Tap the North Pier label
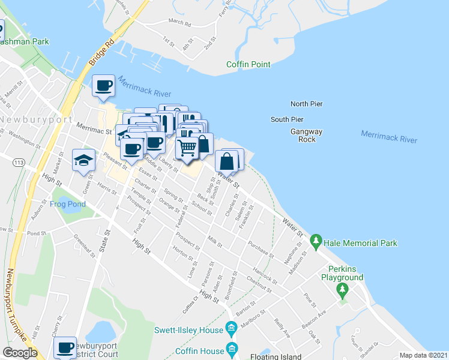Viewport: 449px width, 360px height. [x=306, y=104]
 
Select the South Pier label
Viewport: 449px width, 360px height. [x=287, y=119]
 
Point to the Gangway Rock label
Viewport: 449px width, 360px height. [x=307, y=136]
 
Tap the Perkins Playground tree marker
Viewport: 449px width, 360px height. [x=342, y=290]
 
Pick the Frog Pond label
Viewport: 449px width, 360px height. [x=68, y=204]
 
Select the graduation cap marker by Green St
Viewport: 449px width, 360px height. [x=84, y=159]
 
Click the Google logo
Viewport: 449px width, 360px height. [x=20, y=353]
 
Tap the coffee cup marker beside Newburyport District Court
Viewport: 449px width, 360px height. [x=65, y=347]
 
